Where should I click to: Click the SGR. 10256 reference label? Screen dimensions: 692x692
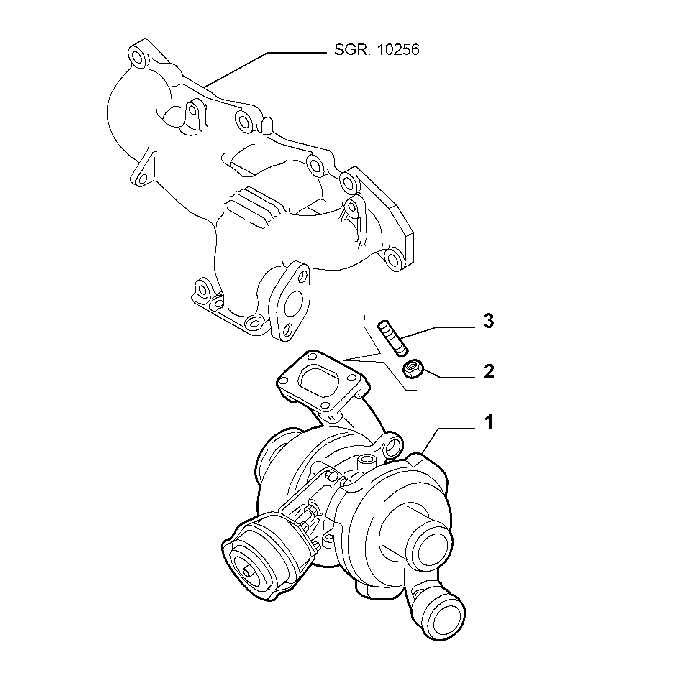click(377, 50)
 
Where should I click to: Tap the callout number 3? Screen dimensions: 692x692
click(488, 322)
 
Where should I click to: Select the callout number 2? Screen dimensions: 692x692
click(488, 371)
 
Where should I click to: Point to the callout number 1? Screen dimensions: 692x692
click(488, 423)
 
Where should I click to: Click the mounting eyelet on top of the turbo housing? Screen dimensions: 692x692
click(393, 447)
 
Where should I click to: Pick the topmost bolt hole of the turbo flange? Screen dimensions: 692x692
click(311, 356)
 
